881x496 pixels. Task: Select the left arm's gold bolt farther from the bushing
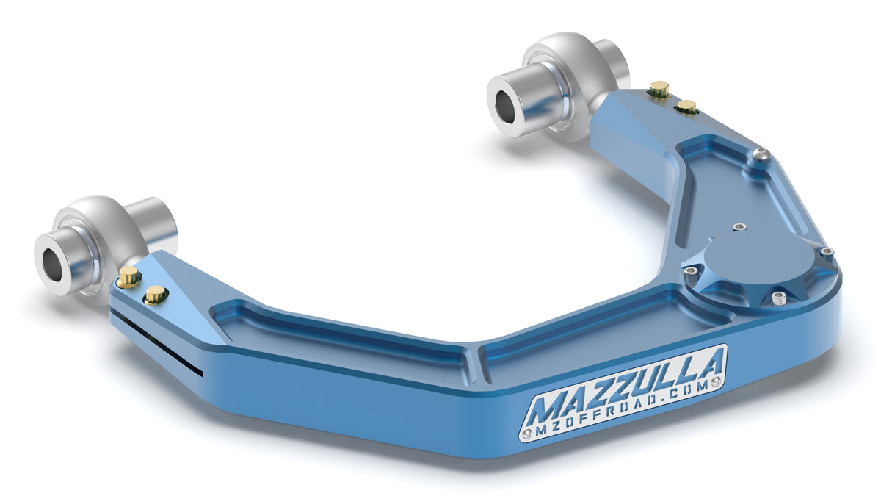coord(154,295)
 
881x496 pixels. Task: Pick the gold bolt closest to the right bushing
coord(659,89)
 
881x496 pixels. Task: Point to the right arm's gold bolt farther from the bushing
coord(686,107)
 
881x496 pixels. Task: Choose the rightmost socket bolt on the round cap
coord(827,253)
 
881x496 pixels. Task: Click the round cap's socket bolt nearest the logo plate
coord(778,298)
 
